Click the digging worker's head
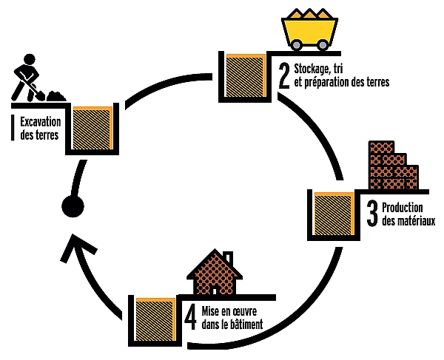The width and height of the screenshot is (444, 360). pyautogui.click(x=30, y=60)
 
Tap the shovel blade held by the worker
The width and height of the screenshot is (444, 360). pyautogui.click(x=40, y=96)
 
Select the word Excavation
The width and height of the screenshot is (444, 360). pyautogui.click(x=41, y=122)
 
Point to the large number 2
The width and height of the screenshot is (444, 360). pyautogui.click(x=284, y=76)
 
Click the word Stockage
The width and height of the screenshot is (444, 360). pyautogui.click(x=311, y=69)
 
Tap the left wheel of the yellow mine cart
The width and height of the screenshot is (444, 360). pyautogui.click(x=296, y=44)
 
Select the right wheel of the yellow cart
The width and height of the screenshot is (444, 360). pyautogui.click(x=322, y=44)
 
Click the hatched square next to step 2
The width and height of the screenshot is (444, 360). pyautogui.click(x=246, y=75)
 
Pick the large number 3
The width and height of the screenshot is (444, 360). pyautogui.click(x=372, y=214)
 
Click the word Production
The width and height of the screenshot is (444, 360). pyautogui.click(x=403, y=208)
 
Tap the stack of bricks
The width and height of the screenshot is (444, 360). pyautogui.click(x=394, y=165)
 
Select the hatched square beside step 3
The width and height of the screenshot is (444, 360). pyautogui.click(x=334, y=214)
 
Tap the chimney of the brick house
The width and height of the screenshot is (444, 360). pyautogui.click(x=228, y=257)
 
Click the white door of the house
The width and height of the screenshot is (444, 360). pyautogui.click(x=215, y=291)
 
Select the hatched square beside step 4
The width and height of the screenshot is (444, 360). pyautogui.click(x=155, y=319)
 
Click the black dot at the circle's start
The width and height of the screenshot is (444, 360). pyautogui.click(x=73, y=206)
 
